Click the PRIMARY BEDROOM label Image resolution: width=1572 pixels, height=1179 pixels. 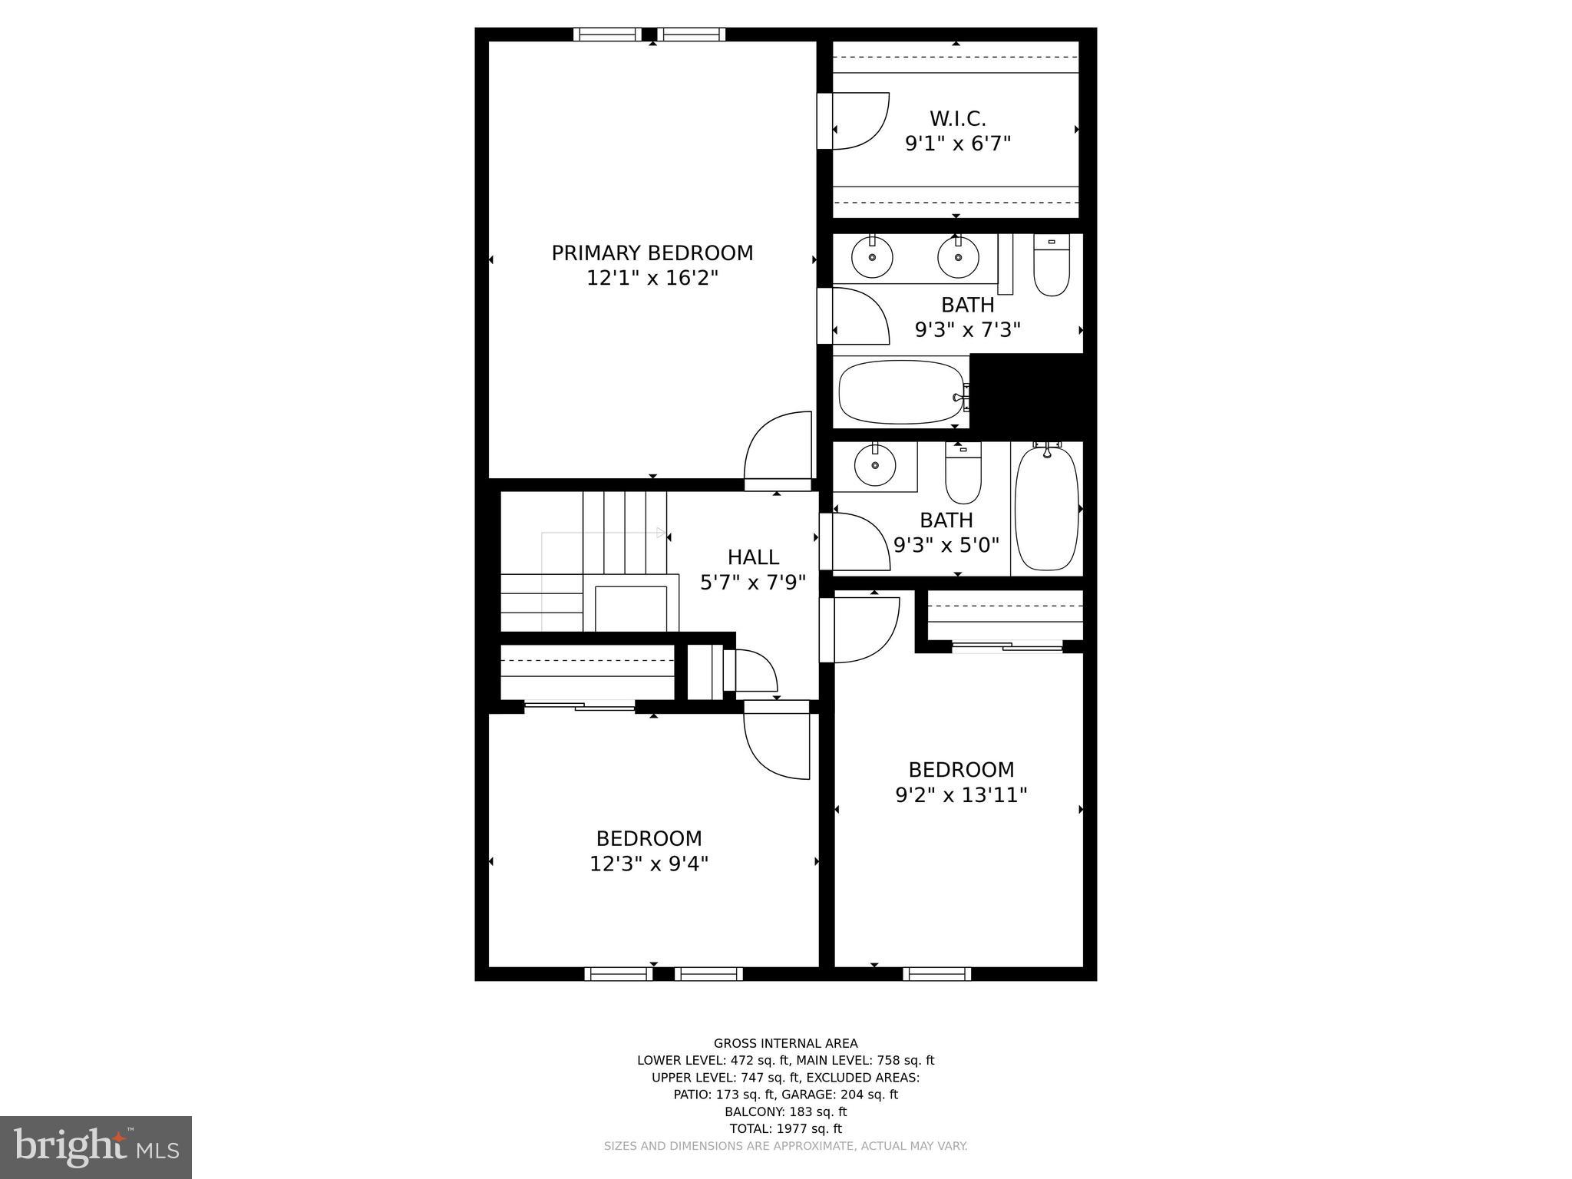[x=652, y=253]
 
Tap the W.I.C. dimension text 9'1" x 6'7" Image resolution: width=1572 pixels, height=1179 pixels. [x=957, y=144]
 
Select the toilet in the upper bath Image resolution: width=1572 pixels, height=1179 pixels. [x=1051, y=266]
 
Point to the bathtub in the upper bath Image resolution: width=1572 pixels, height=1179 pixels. [x=901, y=393]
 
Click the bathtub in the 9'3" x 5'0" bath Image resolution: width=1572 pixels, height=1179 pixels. [x=1046, y=508]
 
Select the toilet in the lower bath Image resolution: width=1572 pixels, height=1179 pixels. [x=963, y=474]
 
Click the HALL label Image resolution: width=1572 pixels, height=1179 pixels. [x=752, y=557]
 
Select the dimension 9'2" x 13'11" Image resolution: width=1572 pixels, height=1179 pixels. [x=961, y=795]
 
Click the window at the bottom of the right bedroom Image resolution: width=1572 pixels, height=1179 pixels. [x=936, y=974]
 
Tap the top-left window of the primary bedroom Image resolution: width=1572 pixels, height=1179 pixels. [x=607, y=34]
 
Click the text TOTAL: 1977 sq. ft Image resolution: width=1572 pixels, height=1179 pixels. [x=785, y=1128]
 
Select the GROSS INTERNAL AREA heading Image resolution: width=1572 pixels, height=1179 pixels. [x=785, y=1043]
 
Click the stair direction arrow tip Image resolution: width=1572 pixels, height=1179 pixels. [x=663, y=532]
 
